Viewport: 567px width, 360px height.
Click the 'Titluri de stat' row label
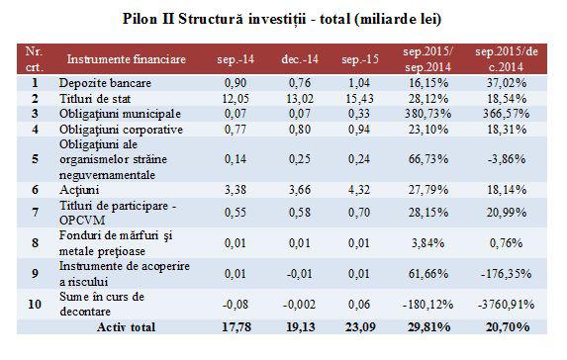point(98,100)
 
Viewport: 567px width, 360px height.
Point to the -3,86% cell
point(515,157)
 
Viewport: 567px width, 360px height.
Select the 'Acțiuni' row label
point(82,185)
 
